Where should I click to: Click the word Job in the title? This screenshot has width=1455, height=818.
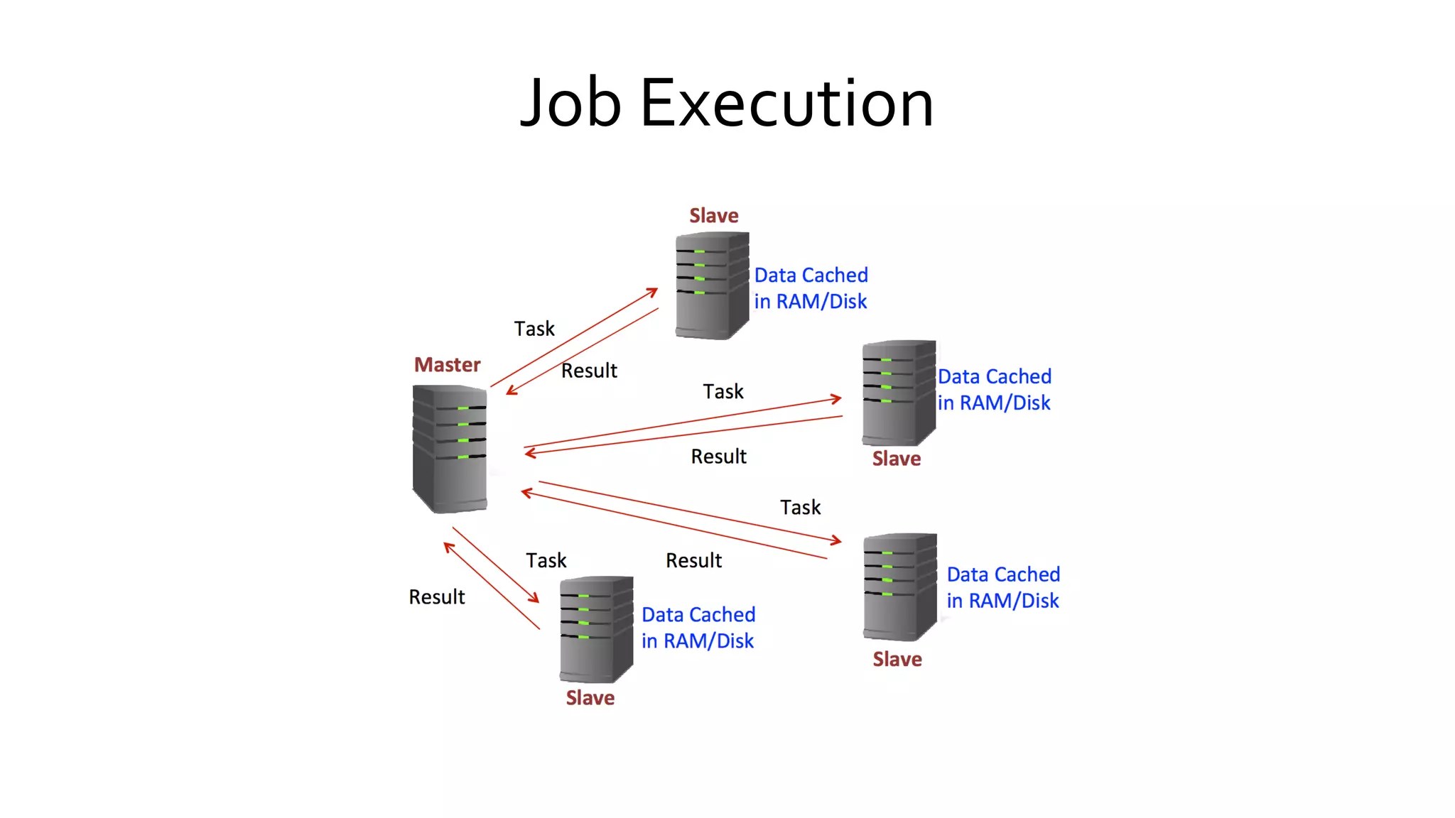click(x=570, y=104)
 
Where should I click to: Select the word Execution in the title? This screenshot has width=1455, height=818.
click(x=786, y=104)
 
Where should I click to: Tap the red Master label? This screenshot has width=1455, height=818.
click(x=447, y=365)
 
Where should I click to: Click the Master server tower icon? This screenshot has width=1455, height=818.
click(x=450, y=448)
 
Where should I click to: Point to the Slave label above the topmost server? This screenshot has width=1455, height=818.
click(x=713, y=216)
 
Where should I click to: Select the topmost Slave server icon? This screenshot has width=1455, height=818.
click(x=712, y=285)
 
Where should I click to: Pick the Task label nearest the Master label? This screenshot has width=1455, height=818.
click(x=534, y=329)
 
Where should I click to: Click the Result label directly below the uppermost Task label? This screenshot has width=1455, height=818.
click(x=589, y=371)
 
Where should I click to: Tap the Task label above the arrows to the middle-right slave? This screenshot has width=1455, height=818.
click(x=723, y=391)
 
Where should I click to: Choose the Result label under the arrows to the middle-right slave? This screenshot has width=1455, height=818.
click(x=718, y=457)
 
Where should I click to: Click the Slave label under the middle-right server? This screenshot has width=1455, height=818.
click(x=896, y=459)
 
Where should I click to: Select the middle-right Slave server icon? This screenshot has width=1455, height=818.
click(x=899, y=393)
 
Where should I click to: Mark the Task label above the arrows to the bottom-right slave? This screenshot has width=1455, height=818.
click(x=800, y=507)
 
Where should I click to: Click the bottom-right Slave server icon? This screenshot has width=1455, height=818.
click(x=900, y=587)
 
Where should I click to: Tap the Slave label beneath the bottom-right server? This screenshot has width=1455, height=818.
click(x=897, y=660)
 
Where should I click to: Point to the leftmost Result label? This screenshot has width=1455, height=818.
click(x=436, y=597)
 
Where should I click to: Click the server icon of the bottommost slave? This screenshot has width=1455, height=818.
click(x=596, y=629)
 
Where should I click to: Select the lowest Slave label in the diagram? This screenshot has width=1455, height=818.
click(x=590, y=698)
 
